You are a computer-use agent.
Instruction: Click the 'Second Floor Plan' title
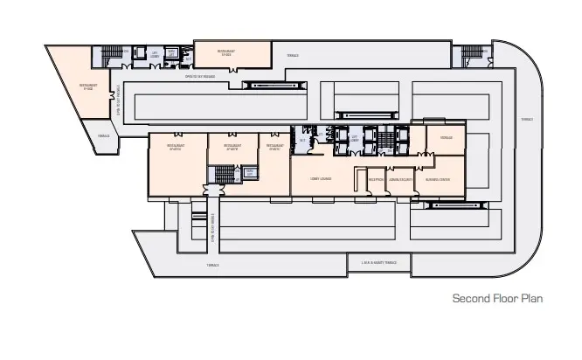[497, 298]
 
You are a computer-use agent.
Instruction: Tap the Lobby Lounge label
[320, 178]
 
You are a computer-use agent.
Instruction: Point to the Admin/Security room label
[400, 178]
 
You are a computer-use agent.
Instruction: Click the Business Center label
[438, 178]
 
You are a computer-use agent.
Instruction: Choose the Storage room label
[446, 138]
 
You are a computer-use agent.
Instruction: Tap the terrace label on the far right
[526, 120]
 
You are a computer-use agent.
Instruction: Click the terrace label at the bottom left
[212, 264]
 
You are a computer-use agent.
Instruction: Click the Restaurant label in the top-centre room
[227, 52]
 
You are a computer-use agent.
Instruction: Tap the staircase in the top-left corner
[111, 54]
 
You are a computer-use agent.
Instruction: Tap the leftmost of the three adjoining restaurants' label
[175, 147]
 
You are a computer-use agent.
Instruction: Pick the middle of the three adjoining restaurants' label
[232, 147]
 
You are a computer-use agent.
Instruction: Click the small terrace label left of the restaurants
[104, 135]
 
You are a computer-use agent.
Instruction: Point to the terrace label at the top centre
[292, 56]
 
